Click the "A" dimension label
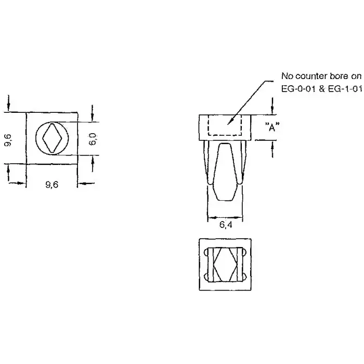269,127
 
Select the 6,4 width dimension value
225,225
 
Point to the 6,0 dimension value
93,138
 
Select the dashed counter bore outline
225,125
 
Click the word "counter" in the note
311,76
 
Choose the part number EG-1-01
345,88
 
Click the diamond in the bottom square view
225,264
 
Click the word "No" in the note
288,76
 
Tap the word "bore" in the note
340,76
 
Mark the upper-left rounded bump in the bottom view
209,253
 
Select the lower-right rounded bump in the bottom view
241,276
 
